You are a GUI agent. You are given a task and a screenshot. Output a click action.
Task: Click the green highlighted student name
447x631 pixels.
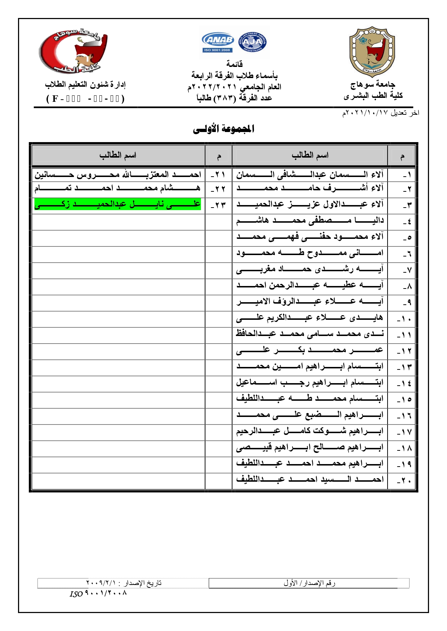click(x=117, y=204)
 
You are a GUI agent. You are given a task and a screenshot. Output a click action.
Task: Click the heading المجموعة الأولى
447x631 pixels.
click(x=224, y=128)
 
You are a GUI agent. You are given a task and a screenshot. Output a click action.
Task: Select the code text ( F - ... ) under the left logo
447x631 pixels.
click(x=85, y=99)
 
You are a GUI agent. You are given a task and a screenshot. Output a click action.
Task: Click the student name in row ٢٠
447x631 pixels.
click(x=310, y=480)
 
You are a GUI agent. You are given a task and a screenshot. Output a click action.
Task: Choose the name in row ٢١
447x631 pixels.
click(x=117, y=175)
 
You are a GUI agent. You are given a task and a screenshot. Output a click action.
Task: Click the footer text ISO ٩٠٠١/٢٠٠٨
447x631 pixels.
click(x=98, y=593)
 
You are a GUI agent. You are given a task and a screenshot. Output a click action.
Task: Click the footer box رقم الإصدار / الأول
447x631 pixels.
click(x=309, y=583)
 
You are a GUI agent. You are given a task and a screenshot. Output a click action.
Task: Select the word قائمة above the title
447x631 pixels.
click(x=234, y=64)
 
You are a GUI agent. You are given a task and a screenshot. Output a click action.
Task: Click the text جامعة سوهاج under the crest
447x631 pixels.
click(x=373, y=85)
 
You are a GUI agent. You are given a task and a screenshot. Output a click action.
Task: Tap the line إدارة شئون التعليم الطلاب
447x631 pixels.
click(x=85, y=85)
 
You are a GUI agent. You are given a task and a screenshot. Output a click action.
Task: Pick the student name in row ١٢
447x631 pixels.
click(x=310, y=350)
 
